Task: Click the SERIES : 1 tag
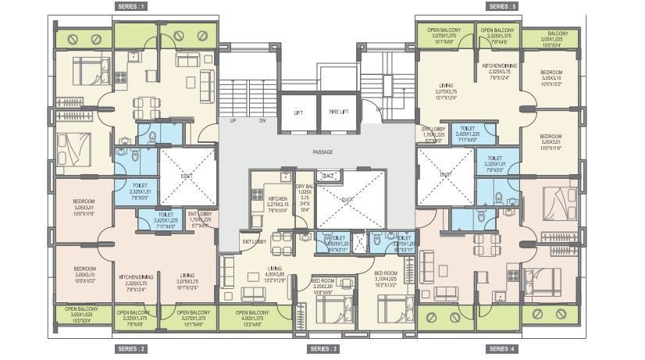(x=131, y=6)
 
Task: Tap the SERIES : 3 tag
(x=323, y=348)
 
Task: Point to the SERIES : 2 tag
(x=131, y=348)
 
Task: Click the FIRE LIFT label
(x=339, y=112)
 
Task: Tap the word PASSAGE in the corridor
(x=322, y=151)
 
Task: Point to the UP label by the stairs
(x=233, y=121)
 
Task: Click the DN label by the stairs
(x=262, y=121)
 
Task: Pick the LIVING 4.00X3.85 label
(x=274, y=273)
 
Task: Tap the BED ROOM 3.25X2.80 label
(x=323, y=286)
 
